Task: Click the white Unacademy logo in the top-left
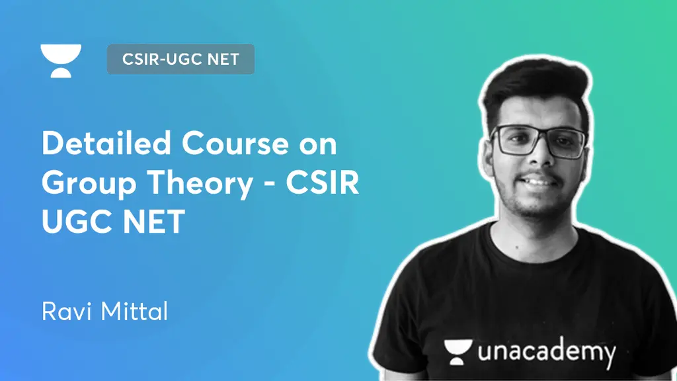pyautogui.click(x=61, y=61)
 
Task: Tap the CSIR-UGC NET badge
pyautogui.click(x=180, y=59)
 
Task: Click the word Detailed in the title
pyautogui.click(x=106, y=143)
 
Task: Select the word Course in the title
pyautogui.click(x=235, y=143)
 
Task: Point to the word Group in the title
pyautogui.click(x=89, y=184)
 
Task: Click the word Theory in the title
pyautogui.click(x=200, y=184)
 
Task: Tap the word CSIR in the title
pyautogui.click(x=322, y=183)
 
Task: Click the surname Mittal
pyautogui.click(x=134, y=311)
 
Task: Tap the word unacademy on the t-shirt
pyautogui.click(x=547, y=352)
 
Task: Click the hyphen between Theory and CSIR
pyautogui.click(x=270, y=185)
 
